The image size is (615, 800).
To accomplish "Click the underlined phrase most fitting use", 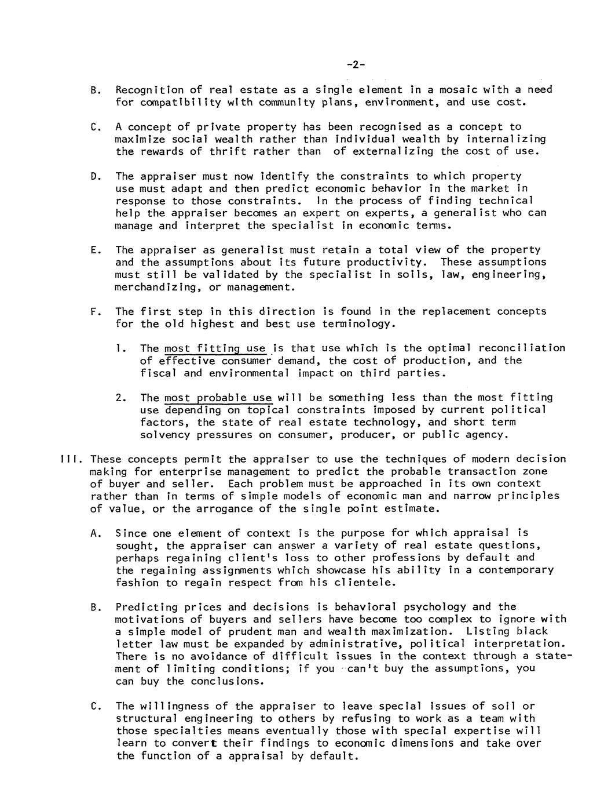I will coord(215,348).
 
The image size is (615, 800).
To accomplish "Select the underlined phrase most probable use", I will coord(218,398).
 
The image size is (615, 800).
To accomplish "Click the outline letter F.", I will coord(94,311).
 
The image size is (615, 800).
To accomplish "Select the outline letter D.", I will coord(94,176).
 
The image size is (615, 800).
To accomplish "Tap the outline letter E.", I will coord(94,250).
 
